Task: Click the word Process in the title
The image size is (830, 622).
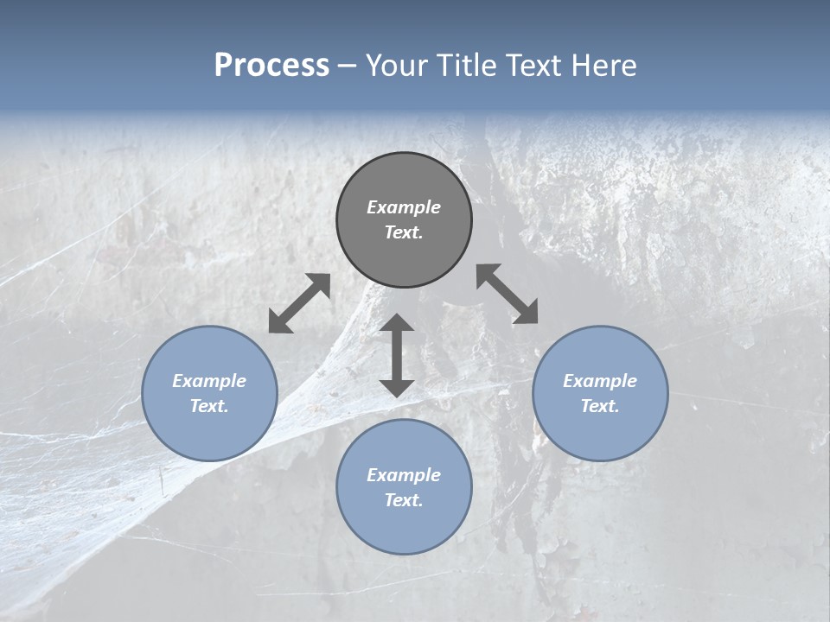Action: [x=271, y=66]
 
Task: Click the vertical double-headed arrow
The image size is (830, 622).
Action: [x=397, y=356]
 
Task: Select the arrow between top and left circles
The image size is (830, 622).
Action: [x=299, y=303]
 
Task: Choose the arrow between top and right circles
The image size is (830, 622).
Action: [x=507, y=294]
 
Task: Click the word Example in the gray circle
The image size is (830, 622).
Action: [x=404, y=207]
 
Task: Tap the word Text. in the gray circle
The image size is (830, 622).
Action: [x=404, y=232]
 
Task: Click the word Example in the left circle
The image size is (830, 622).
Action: [x=209, y=381]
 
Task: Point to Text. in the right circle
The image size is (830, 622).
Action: [x=600, y=406]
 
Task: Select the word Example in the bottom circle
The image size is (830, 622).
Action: [x=404, y=475]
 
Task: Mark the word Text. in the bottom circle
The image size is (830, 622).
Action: [x=404, y=500]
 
